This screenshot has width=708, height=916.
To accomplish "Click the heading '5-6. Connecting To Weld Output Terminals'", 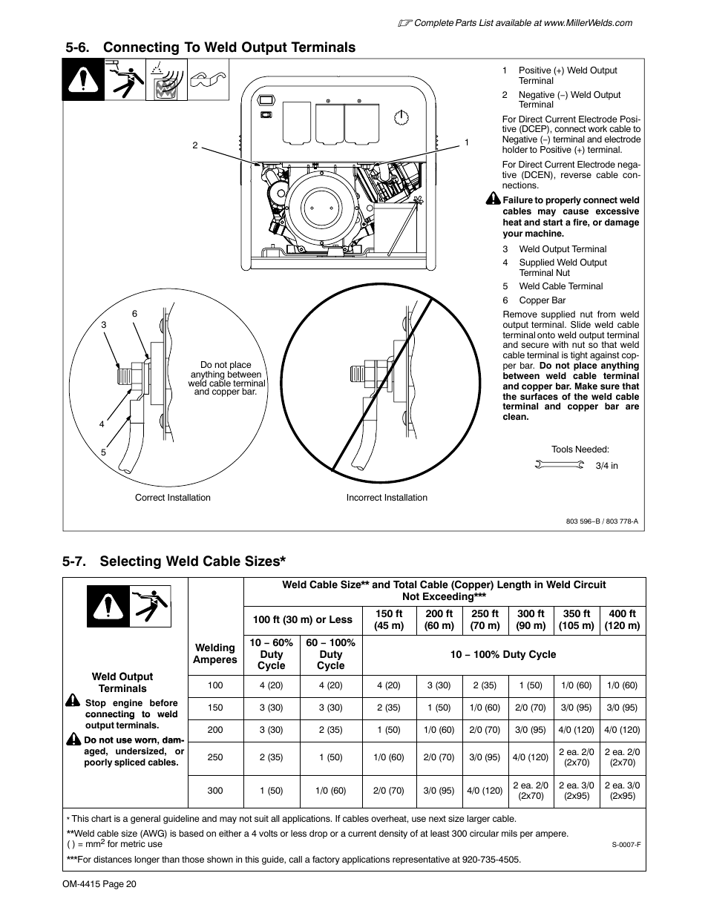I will (x=210, y=47).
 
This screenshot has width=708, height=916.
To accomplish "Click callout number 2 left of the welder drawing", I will (x=195, y=145).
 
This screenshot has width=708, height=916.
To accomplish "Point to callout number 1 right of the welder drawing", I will (x=467, y=142).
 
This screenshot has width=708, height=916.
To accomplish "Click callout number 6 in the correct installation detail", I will (x=134, y=314).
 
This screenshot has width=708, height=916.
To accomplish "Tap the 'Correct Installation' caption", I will (x=172, y=498).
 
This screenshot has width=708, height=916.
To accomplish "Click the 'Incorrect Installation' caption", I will (x=387, y=498).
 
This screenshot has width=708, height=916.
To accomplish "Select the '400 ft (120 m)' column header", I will (x=622, y=619).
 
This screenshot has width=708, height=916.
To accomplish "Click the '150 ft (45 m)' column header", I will (x=389, y=619).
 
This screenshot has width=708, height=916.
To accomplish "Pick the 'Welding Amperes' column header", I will (x=215, y=653).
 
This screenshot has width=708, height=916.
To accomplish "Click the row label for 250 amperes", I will (x=215, y=757).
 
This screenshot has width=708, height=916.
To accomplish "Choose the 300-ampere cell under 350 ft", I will (x=577, y=791).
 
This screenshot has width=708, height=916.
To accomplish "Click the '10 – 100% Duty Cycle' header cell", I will (x=504, y=654).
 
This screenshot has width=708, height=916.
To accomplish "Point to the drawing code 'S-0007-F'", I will (x=626, y=845).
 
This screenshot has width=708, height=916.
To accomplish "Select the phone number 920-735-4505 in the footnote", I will (x=491, y=860).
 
